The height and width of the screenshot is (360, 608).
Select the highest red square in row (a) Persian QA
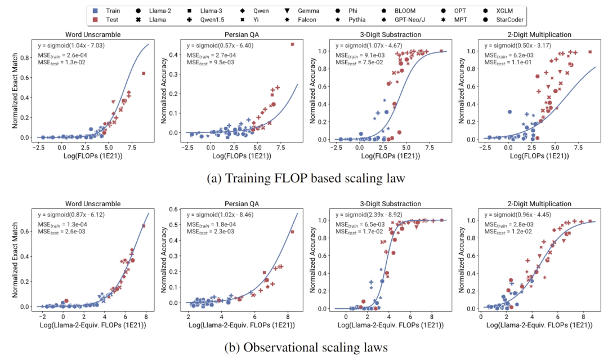coord(292,44)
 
